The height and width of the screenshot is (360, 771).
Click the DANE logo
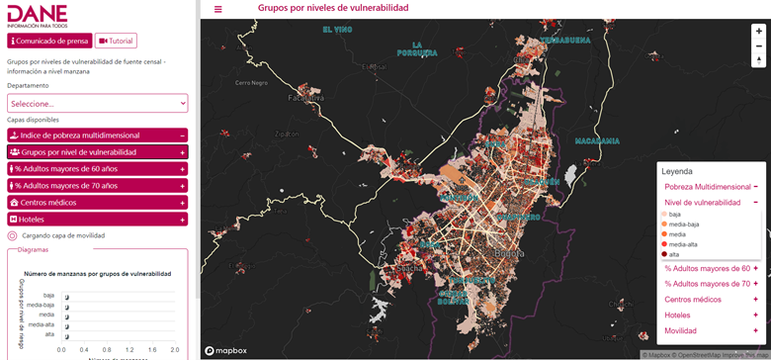(39, 15)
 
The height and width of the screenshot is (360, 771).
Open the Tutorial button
(117, 41)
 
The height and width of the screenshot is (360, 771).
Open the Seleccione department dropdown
(97, 103)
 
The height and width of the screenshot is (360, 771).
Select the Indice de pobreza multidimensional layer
(97, 135)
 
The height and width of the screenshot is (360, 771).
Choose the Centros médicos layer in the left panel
(97, 202)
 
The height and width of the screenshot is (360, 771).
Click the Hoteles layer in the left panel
(97, 219)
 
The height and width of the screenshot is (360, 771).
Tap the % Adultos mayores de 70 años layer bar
(97, 185)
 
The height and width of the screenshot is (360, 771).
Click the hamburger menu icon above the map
(218, 9)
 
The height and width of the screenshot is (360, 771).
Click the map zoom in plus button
(758, 31)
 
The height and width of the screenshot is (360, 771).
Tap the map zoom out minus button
(758, 45)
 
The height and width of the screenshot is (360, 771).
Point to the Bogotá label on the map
(508, 253)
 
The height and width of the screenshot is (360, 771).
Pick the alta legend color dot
(664, 254)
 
